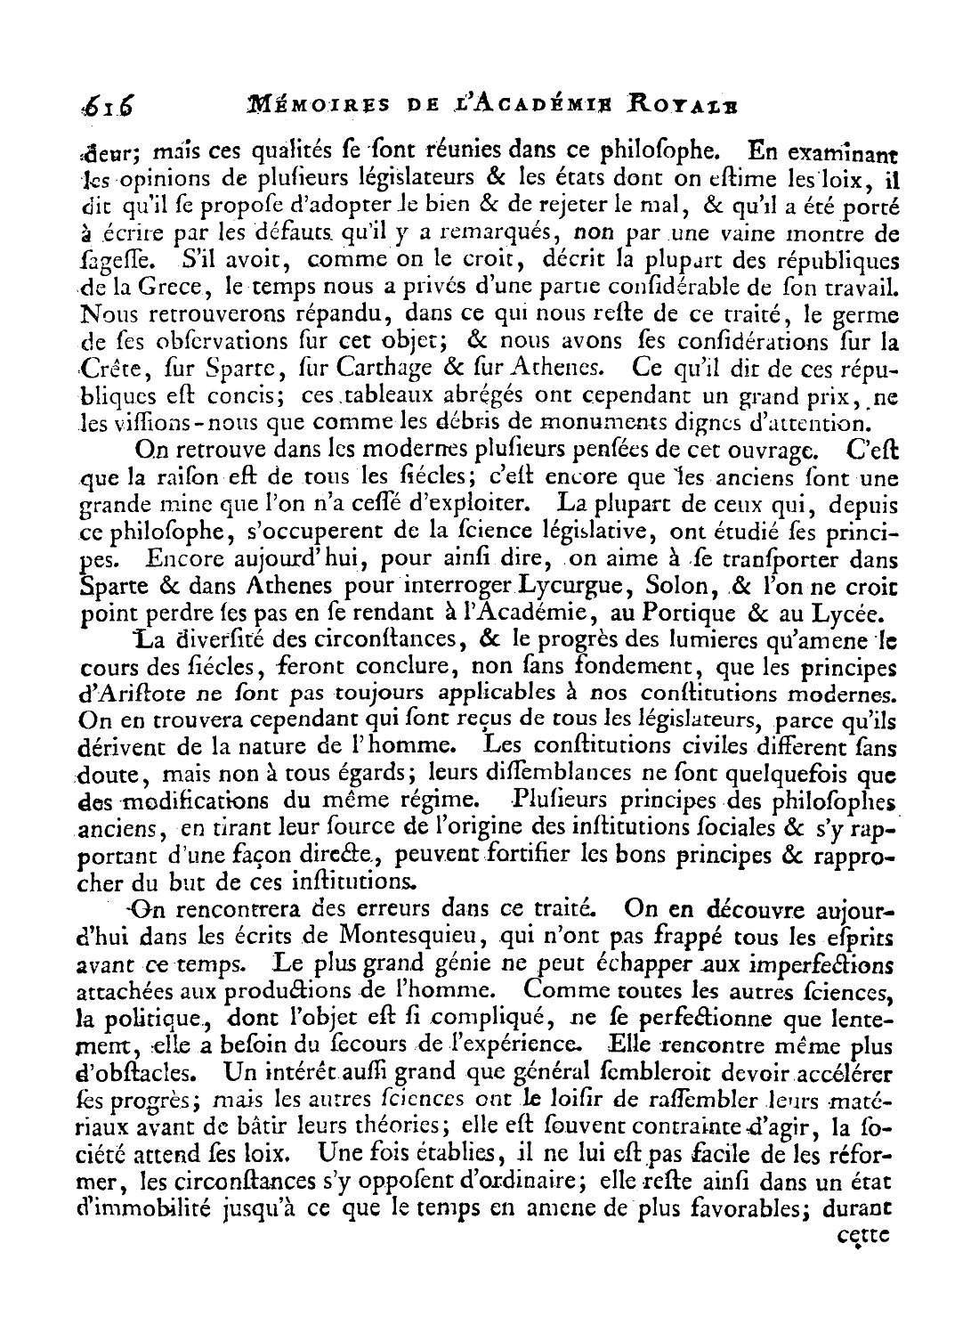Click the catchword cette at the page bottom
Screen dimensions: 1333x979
863,1238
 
